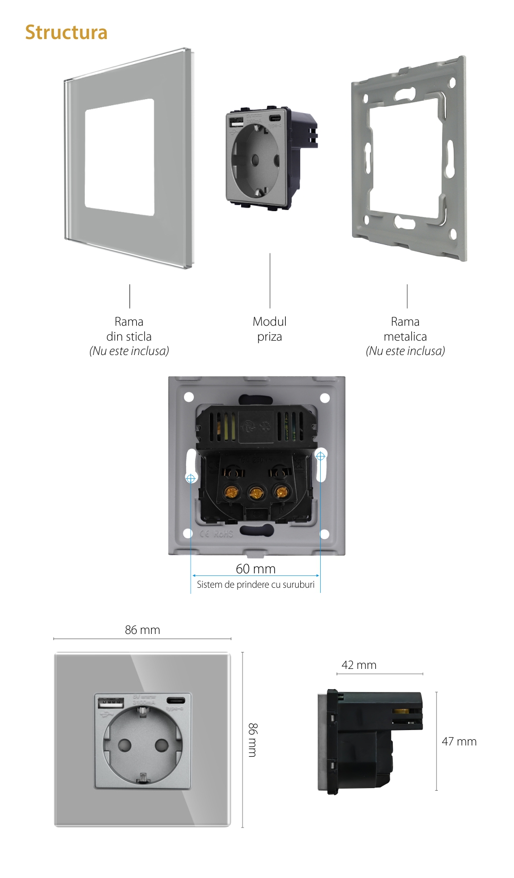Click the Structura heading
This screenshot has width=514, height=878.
pyautogui.click(x=66, y=32)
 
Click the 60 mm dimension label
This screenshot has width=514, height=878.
pyautogui.click(x=255, y=569)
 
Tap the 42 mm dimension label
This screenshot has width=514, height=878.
pyautogui.click(x=359, y=665)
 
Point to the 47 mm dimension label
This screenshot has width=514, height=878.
pyautogui.click(x=459, y=741)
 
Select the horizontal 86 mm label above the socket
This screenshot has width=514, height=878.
pyautogui.click(x=142, y=630)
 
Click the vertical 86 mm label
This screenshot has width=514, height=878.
pyautogui.click(x=252, y=740)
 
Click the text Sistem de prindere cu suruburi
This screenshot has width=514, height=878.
pyautogui.click(x=255, y=585)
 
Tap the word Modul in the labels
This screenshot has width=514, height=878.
pyautogui.click(x=269, y=322)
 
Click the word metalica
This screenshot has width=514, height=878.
pyautogui.click(x=405, y=337)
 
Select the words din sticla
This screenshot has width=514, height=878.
pyautogui.click(x=129, y=337)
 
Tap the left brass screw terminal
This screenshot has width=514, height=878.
pyautogui.click(x=230, y=493)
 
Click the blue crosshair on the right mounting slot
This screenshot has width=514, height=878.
pyautogui.click(x=320, y=456)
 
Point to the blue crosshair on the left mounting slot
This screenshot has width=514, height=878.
pyautogui.click(x=191, y=478)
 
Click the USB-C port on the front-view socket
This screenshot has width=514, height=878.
pyautogui.click(x=175, y=700)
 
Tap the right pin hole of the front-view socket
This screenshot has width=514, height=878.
pyautogui.click(x=161, y=744)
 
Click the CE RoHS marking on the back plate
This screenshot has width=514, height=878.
pyautogui.click(x=216, y=534)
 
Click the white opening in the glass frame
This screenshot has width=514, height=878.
pyautogui.click(x=119, y=157)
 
